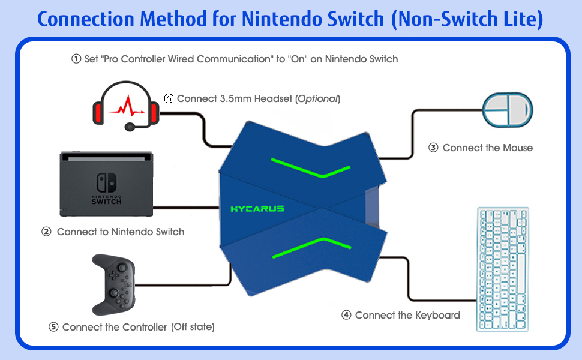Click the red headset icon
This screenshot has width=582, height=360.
point(125,104)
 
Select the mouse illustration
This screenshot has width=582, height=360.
point(508,109)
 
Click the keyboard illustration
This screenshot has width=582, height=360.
point(503,269)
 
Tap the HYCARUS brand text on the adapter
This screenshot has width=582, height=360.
point(257,209)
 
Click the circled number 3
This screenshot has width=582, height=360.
point(433,148)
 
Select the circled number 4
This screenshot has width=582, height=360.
point(346,315)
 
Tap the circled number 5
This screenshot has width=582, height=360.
point(53,327)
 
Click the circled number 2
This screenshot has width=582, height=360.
point(46,232)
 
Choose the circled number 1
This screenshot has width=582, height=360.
point(76,59)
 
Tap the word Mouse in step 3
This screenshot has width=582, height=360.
point(518,148)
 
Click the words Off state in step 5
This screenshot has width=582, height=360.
point(193,327)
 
